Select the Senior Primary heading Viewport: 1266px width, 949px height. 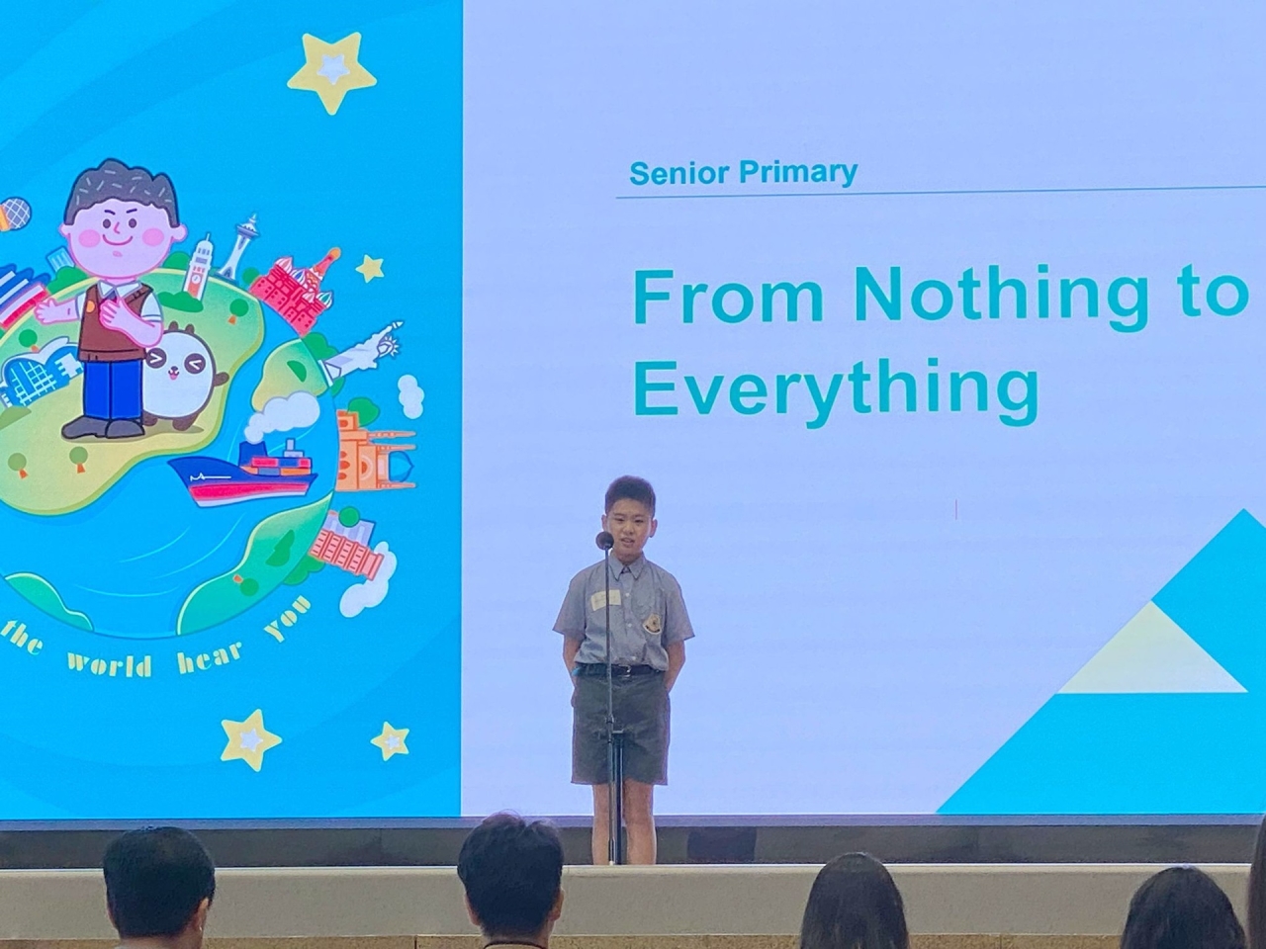tap(744, 172)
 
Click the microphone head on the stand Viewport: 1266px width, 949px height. tap(604, 540)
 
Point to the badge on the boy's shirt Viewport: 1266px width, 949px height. tap(654, 624)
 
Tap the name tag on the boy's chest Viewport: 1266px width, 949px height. tap(603, 599)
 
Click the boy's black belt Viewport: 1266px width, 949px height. tap(618, 669)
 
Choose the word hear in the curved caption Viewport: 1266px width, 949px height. tap(209, 655)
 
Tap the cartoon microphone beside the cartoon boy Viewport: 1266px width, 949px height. tap(13, 214)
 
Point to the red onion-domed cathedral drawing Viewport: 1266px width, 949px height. tap(297, 291)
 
